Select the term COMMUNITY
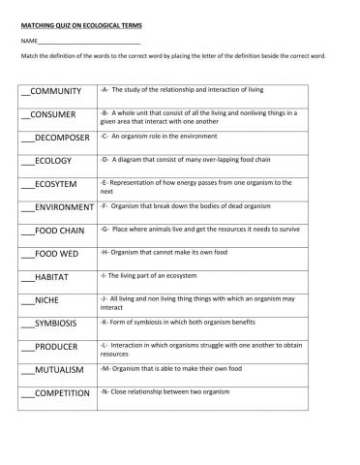(57, 92)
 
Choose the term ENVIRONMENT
(64, 207)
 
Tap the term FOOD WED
(55, 254)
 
